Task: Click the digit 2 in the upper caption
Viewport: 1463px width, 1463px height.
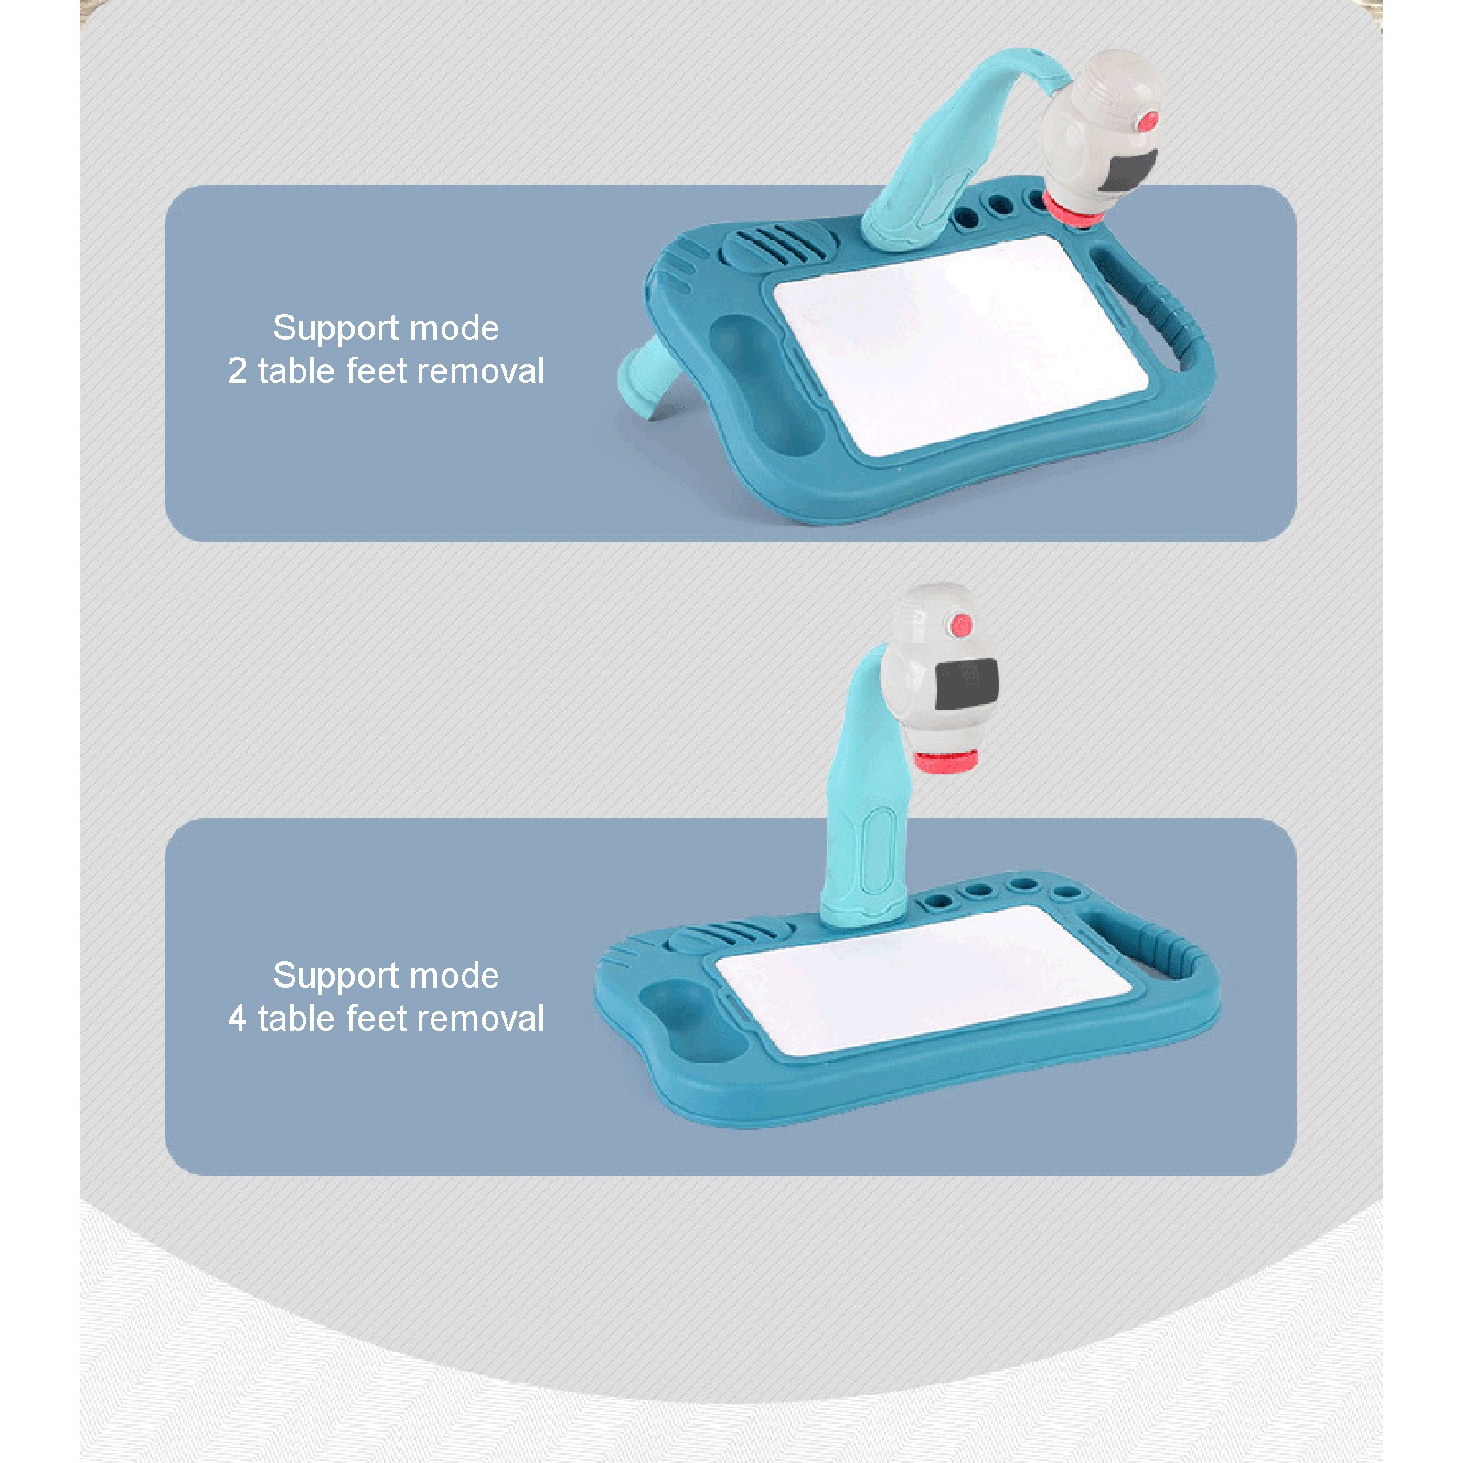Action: [237, 371]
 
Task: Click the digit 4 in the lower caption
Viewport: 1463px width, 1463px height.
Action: [237, 1019]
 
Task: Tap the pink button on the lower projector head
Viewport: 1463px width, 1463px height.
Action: [960, 625]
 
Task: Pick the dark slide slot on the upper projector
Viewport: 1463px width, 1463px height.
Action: [1127, 174]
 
